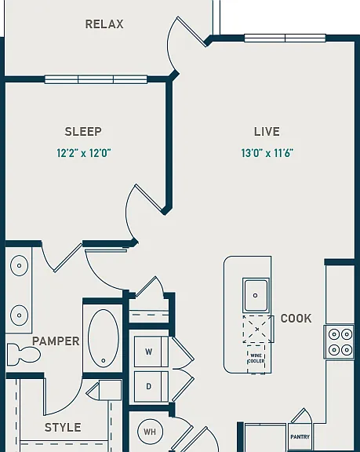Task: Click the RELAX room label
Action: tap(104, 24)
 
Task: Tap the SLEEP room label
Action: tap(83, 132)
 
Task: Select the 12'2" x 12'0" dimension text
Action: tap(84, 153)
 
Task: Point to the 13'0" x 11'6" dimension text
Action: tap(267, 153)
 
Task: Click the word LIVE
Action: tap(267, 132)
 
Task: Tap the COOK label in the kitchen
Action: tap(296, 319)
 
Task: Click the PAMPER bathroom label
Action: tap(56, 341)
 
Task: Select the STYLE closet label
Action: tap(63, 427)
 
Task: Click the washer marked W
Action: tap(151, 352)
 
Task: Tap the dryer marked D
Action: tap(151, 386)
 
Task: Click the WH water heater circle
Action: tap(150, 432)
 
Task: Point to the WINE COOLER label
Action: tap(256, 359)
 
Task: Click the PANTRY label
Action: tap(300, 437)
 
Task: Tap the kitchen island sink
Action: tap(256, 295)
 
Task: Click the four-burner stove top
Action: tap(339, 342)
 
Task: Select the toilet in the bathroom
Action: tap(23, 353)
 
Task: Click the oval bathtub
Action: tap(104, 338)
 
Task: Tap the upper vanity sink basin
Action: tap(19, 265)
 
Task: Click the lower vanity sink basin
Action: tap(19, 315)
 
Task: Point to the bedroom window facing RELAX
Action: tap(96, 79)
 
